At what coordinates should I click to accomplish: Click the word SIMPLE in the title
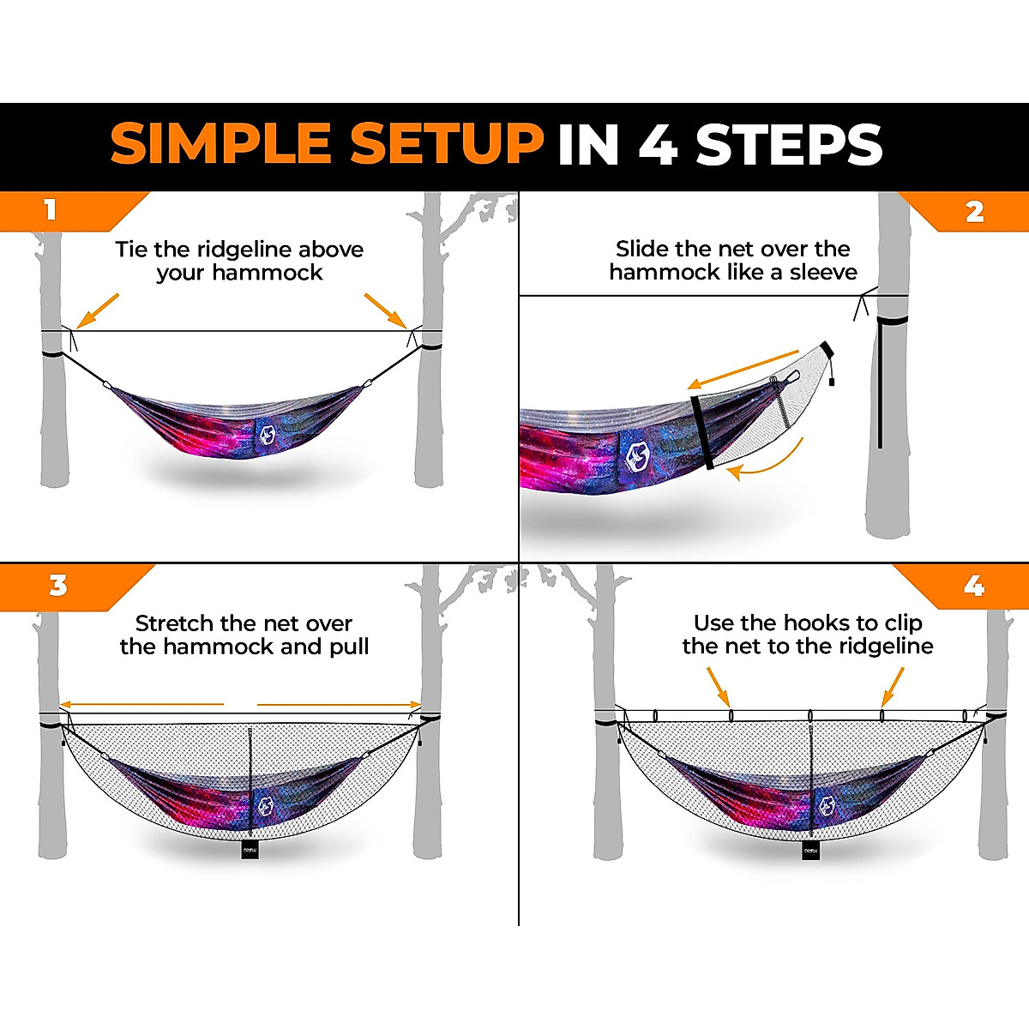(x=221, y=143)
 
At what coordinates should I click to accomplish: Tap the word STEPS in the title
(x=789, y=144)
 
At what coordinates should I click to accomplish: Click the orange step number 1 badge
(x=51, y=210)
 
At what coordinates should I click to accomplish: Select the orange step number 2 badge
(x=975, y=212)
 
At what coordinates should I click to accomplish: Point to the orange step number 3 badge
(x=57, y=586)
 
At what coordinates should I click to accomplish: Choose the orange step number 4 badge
(x=974, y=586)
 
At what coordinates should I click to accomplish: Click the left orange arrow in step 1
(x=97, y=310)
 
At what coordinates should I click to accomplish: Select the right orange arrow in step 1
(x=385, y=310)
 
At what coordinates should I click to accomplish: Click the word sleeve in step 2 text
(x=823, y=273)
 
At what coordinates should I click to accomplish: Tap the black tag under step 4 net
(x=811, y=849)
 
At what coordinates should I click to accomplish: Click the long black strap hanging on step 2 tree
(x=880, y=386)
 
